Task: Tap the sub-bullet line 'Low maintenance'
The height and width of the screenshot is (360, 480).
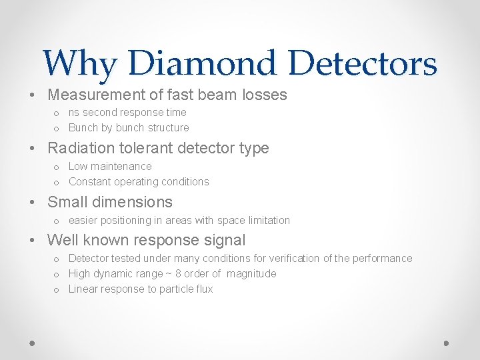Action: pos(110,166)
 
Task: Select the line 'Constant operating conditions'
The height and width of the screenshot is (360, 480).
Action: pos(139,181)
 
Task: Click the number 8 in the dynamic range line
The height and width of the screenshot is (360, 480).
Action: pos(178,273)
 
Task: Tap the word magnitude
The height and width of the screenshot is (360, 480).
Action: pos(251,273)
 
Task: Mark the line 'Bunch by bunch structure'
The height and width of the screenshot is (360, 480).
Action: pos(129,127)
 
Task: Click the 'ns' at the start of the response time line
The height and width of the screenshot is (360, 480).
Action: pos(74,113)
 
